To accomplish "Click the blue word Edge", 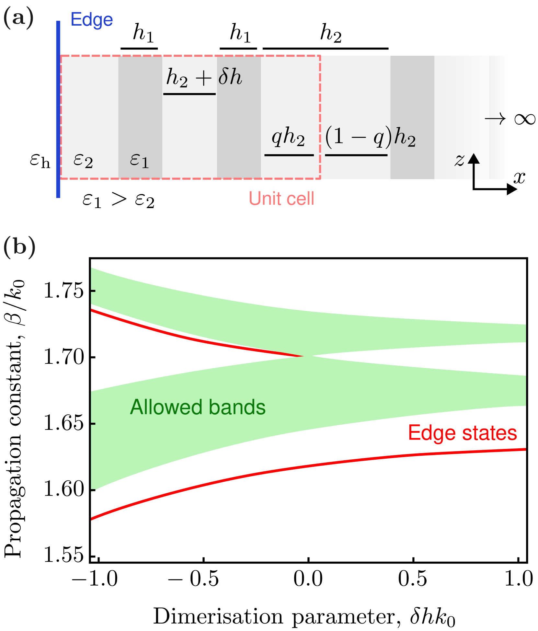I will (x=92, y=20).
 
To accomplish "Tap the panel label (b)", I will (x=19, y=247).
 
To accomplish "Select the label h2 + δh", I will (x=204, y=78).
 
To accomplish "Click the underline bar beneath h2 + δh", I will (x=189, y=94).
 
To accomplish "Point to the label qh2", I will (x=288, y=137).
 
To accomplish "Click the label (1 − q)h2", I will (x=370, y=137).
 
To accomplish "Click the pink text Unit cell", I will (x=281, y=198).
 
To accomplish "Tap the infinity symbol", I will (x=525, y=119).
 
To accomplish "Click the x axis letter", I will (x=519, y=178).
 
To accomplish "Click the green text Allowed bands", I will (x=198, y=407).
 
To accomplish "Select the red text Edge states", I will (x=462, y=433).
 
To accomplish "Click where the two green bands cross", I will (x=308, y=356).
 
